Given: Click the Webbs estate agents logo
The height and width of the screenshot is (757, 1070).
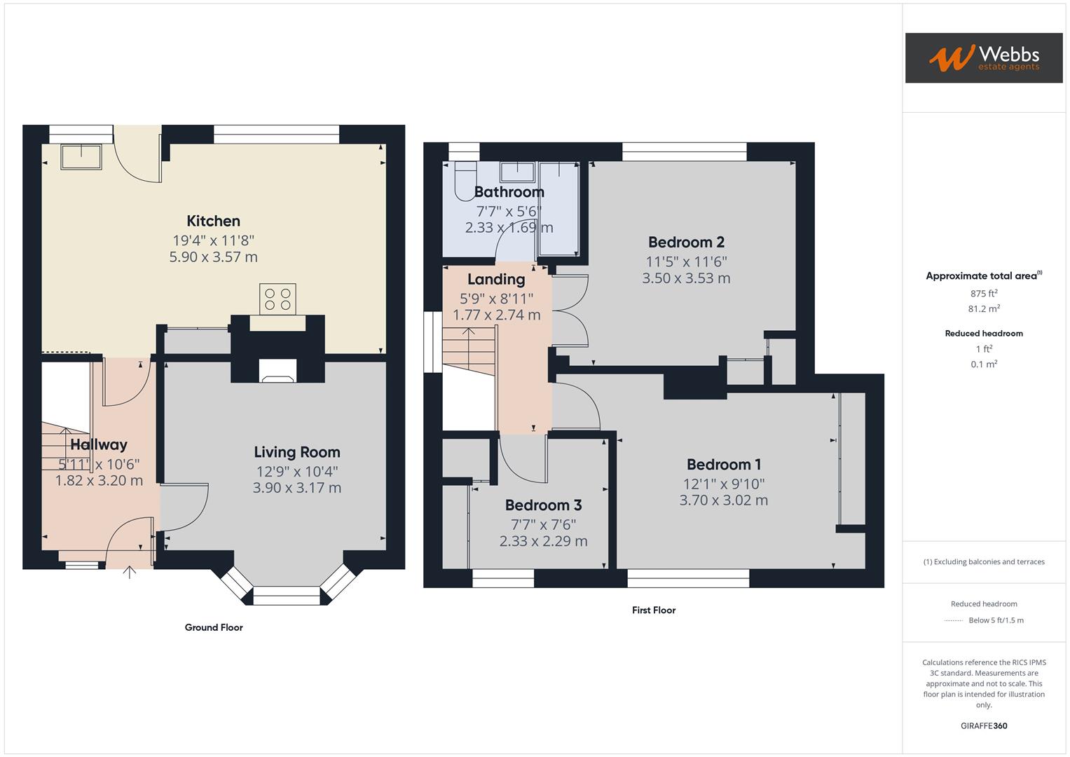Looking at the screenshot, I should click(x=983, y=57).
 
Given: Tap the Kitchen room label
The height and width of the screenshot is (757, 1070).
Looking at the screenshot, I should click(x=213, y=221).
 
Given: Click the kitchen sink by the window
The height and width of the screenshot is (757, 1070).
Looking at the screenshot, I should click(x=81, y=156).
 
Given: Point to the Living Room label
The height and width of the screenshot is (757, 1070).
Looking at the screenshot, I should click(x=296, y=452).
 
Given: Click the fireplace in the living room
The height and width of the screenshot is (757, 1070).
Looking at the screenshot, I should click(x=277, y=371).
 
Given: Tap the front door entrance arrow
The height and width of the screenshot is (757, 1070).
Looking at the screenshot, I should click(x=130, y=572).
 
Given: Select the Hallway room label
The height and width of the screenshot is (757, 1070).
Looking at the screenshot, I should click(x=99, y=444).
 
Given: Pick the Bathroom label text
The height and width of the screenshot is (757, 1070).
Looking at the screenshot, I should click(x=509, y=192).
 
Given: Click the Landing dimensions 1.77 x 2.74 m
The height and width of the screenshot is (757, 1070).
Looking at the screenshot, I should click(x=496, y=315).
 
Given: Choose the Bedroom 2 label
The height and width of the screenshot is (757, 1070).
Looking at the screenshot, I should click(x=686, y=243).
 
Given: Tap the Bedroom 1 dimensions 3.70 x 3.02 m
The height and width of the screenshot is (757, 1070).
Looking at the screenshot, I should click(x=723, y=500).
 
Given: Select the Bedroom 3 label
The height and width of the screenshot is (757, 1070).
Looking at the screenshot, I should click(x=543, y=505).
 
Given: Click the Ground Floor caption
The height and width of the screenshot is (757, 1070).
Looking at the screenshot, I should click(x=214, y=627).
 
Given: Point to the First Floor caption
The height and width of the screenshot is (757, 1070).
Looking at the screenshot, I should click(x=654, y=611).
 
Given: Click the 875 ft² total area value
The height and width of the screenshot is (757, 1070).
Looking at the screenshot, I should click(x=984, y=294).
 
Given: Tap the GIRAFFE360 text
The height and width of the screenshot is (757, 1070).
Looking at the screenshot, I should click(x=984, y=726).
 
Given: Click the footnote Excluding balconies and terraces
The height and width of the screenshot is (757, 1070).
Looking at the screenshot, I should click(x=984, y=562).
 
